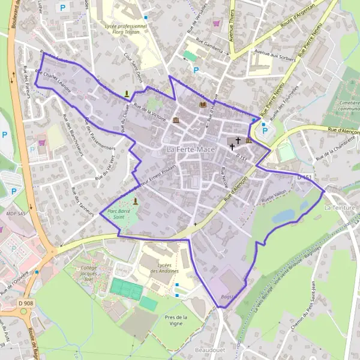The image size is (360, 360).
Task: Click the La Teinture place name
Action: (340, 208)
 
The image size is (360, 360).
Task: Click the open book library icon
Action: (202, 105)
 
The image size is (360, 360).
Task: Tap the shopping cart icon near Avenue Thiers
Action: (216, 24)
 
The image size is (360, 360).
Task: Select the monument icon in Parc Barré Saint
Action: (136, 201)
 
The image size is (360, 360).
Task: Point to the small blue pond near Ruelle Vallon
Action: (284, 215)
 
